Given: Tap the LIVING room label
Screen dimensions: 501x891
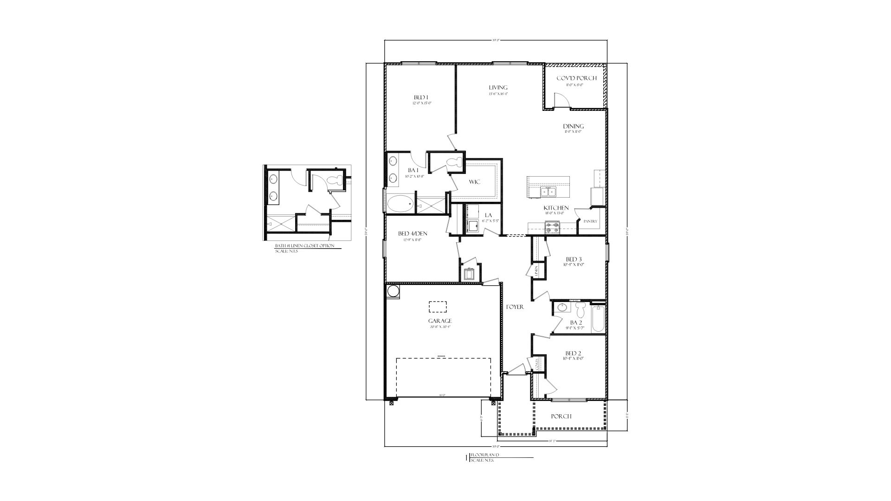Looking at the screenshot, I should [498, 87].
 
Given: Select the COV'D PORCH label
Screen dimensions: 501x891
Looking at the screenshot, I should [576, 78].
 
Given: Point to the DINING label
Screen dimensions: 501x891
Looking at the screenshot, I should [573, 126].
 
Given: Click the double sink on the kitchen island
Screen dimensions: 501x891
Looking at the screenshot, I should [548, 191].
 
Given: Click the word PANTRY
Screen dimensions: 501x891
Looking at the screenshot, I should [590, 222].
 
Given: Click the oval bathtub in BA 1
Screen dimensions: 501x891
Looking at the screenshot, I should [400, 204].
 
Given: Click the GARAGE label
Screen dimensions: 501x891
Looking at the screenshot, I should [440, 321].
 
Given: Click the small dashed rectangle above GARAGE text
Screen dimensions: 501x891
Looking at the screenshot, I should [438, 307].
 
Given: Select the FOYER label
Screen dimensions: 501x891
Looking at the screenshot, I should [515, 307].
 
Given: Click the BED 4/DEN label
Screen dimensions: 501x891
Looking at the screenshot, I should [412, 234].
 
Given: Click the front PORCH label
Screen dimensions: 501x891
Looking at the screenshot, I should [561, 416].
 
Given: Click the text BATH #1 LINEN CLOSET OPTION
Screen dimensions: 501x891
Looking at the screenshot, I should [304, 246].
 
